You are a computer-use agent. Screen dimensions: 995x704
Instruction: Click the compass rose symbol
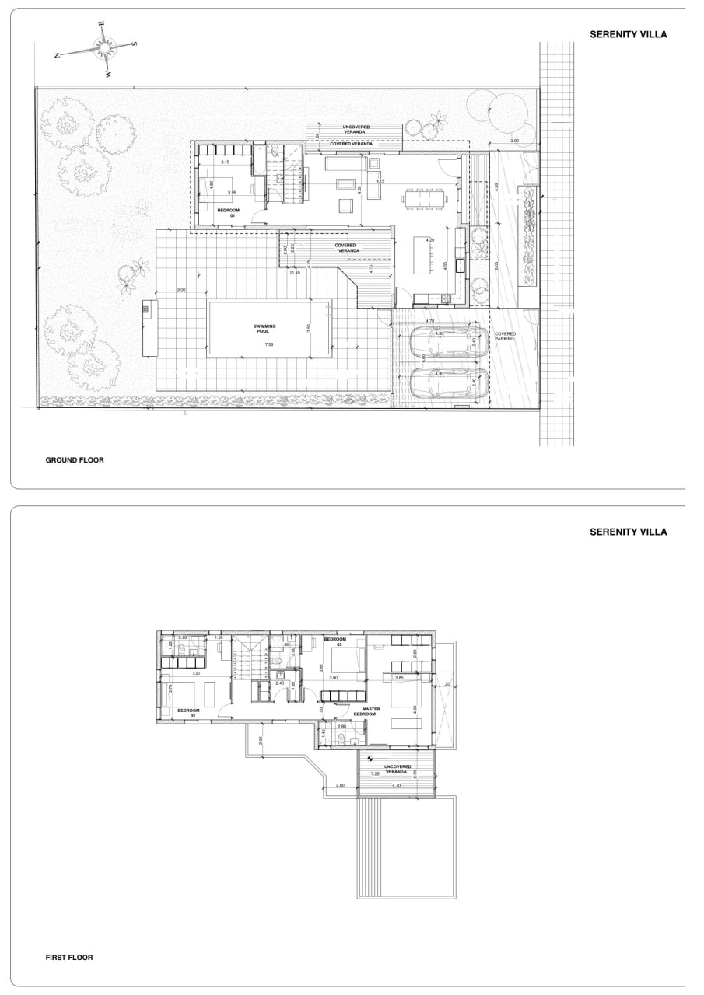[102, 47]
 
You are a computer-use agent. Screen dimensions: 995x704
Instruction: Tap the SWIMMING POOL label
[264, 327]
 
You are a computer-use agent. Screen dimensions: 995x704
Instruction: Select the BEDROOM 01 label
[228, 212]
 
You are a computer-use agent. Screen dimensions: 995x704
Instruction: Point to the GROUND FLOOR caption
[75, 460]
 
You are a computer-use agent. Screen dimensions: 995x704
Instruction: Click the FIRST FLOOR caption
[69, 958]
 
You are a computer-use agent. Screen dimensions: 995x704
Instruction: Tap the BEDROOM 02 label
[189, 712]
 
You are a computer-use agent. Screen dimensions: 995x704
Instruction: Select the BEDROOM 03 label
[334, 641]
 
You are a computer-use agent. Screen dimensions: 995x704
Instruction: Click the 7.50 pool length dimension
[268, 344]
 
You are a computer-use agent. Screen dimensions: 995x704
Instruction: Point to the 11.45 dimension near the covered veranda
[295, 273]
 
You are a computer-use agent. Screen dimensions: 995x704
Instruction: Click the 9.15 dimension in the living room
[380, 181]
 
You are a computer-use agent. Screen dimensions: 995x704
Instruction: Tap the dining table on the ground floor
[426, 198]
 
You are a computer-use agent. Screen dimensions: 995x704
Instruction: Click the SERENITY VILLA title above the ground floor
[628, 35]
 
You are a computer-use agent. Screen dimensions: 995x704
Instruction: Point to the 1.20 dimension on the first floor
[446, 684]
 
